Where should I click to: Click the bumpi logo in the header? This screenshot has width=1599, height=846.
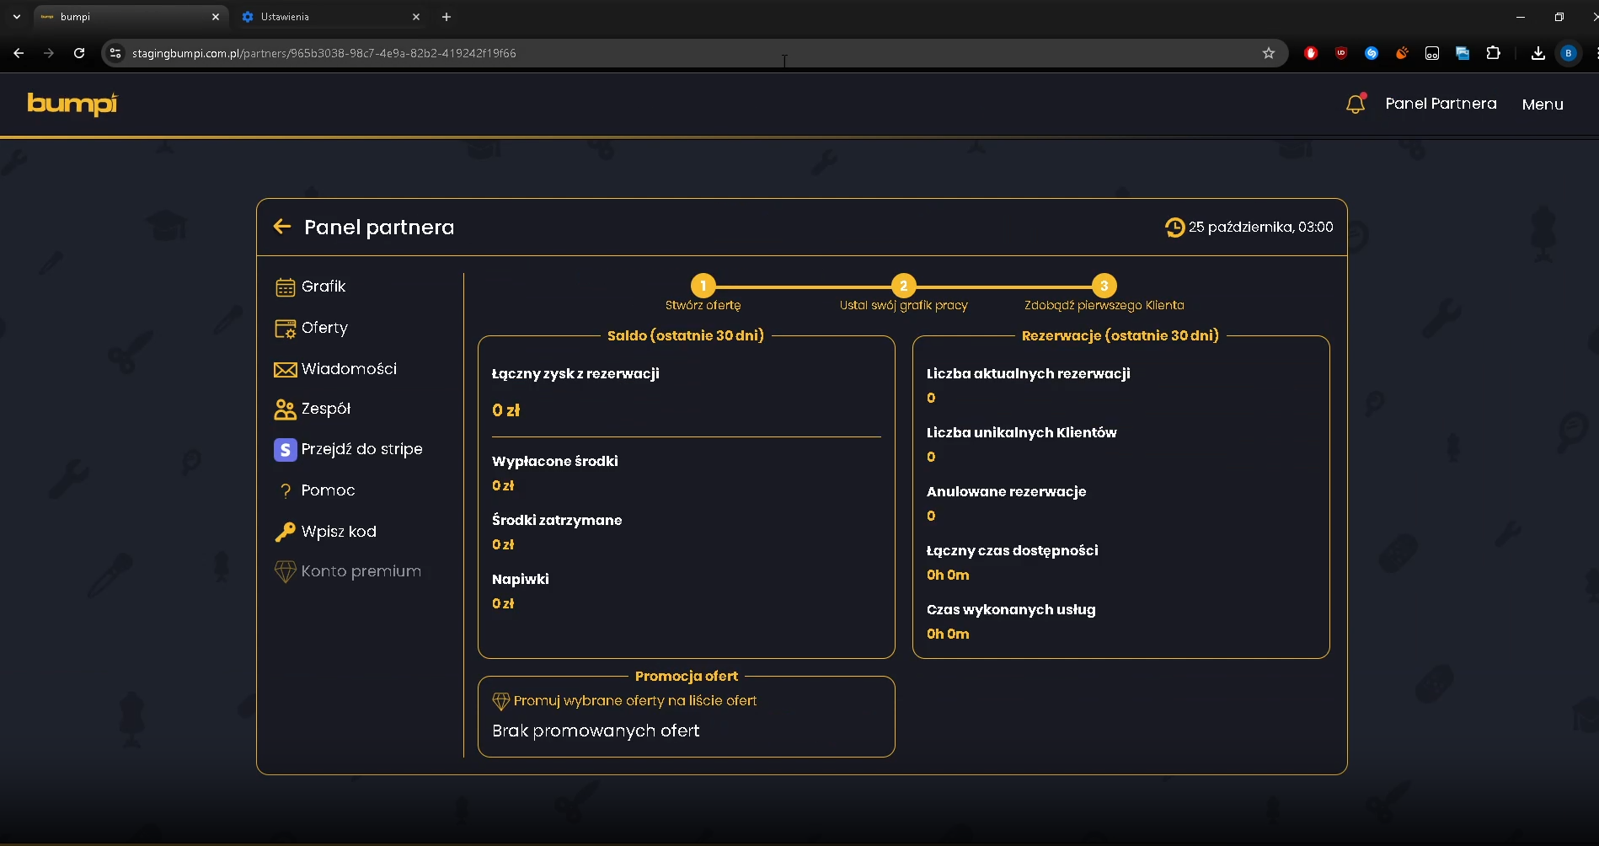[72, 104]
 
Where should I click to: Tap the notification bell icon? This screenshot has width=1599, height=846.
[1356, 104]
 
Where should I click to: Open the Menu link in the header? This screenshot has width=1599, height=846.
[1543, 104]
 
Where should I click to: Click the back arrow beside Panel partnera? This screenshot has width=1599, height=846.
[282, 226]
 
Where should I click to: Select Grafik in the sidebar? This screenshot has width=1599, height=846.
[324, 286]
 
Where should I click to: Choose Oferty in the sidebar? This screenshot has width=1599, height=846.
[324, 328]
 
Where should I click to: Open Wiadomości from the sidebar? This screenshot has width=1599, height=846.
[349, 369]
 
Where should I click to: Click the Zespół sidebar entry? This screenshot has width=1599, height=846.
[326, 409]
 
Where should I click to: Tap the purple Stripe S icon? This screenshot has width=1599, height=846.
[286, 450]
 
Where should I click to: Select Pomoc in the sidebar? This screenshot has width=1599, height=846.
[328, 490]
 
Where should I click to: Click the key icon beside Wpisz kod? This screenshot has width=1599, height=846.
[286, 532]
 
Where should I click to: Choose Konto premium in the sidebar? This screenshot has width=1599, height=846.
[361, 571]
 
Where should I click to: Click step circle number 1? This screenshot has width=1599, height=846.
[703, 286]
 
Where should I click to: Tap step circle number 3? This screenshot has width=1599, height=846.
[1104, 286]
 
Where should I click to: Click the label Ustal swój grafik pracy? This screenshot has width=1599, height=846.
[904, 305]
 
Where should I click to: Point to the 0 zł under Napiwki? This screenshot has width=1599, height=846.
[503, 603]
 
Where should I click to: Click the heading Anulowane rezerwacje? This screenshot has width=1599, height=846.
[1007, 491]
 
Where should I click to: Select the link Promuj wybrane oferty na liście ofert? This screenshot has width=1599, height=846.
[635, 700]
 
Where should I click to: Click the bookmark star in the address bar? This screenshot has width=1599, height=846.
[1269, 53]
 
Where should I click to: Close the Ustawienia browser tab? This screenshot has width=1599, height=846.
[416, 17]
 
